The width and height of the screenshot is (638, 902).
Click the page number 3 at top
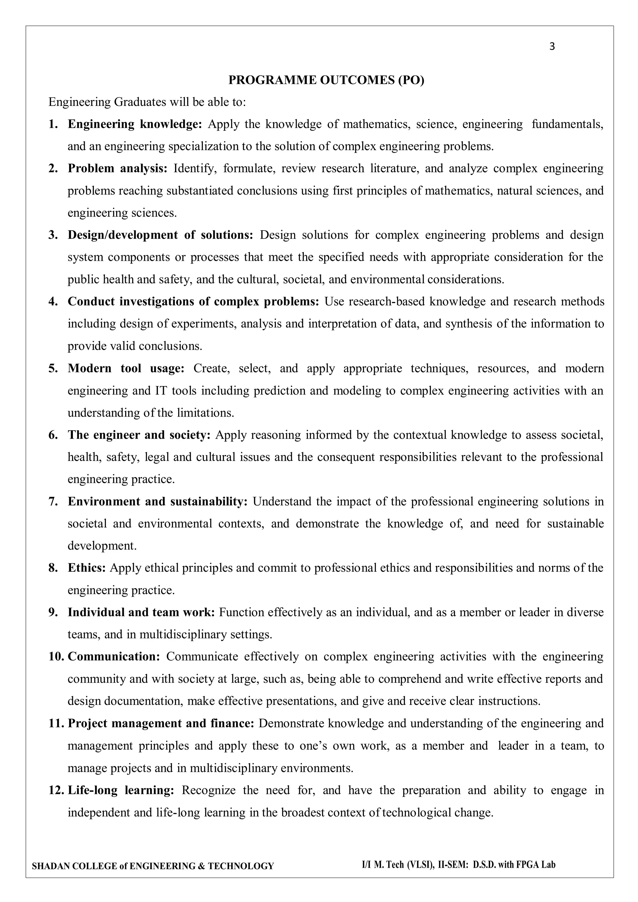coord(552,47)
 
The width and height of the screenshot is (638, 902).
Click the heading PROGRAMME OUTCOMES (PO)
coord(326,80)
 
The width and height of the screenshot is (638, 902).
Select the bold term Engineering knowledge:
coord(135,124)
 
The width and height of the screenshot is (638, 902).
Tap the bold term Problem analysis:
coord(117,169)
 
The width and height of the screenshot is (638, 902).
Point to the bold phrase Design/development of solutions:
coord(160,235)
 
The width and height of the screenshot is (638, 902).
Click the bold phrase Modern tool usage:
coord(126,369)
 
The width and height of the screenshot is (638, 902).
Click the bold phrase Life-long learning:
coord(121,790)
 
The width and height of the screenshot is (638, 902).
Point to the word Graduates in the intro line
coord(140,102)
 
